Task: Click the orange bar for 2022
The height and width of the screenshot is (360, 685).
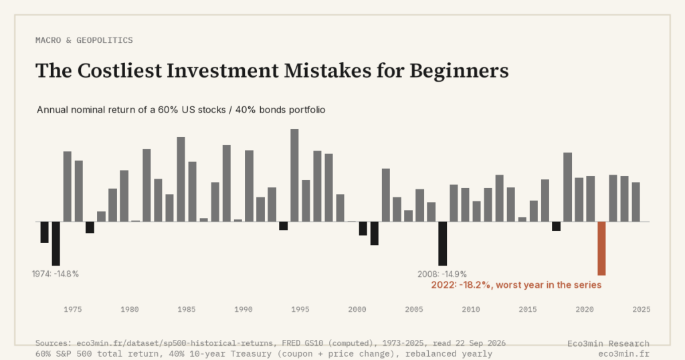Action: [601, 248]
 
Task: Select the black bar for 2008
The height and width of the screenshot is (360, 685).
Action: [443, 244]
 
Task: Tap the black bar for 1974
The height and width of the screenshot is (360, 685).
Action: [56, 244]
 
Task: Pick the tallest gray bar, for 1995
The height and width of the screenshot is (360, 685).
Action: [294, 175]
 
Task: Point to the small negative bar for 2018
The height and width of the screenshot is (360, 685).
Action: [556, 226]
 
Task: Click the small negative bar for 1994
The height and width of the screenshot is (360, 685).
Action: [283, 226]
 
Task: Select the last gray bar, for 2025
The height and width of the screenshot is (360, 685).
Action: [635, 202]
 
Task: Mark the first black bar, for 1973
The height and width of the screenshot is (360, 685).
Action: [45, 232]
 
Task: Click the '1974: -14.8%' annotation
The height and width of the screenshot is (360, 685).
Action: [56, 274]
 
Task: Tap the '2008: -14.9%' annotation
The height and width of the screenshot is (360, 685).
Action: [442, 274]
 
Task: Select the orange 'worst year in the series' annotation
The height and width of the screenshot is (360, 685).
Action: [516, 285]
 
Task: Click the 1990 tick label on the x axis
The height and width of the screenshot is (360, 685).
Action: [243, 309]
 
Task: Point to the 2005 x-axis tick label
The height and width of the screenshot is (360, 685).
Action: [413, 309]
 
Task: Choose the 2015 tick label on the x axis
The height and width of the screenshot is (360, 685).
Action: [528, 309]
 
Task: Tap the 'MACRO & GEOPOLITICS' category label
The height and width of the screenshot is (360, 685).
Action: [84, 40]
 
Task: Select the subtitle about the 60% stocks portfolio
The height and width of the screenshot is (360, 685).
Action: [181, 110]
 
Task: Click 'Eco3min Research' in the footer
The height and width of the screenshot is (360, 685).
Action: [608, 343]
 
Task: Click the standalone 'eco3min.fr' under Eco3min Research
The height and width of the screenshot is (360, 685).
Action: [624, 353]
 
